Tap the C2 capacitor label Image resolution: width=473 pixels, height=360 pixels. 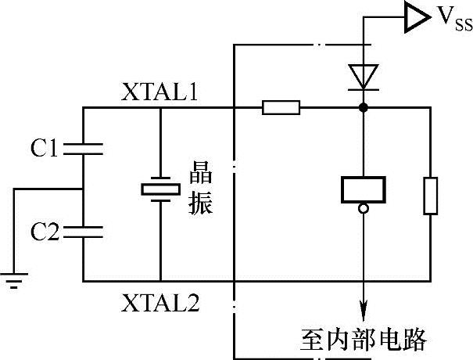45,231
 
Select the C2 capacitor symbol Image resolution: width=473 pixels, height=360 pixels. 82,231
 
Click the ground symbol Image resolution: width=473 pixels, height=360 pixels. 14,279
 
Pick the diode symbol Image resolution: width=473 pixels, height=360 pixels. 363,76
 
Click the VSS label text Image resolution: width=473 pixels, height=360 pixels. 453,20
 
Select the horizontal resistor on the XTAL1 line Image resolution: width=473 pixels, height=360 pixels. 281,107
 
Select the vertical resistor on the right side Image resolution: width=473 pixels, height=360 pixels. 431,196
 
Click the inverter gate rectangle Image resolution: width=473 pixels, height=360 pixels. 363,189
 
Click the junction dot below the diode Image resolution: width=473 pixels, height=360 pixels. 363,107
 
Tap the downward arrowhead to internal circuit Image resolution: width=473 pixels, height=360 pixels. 363,309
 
